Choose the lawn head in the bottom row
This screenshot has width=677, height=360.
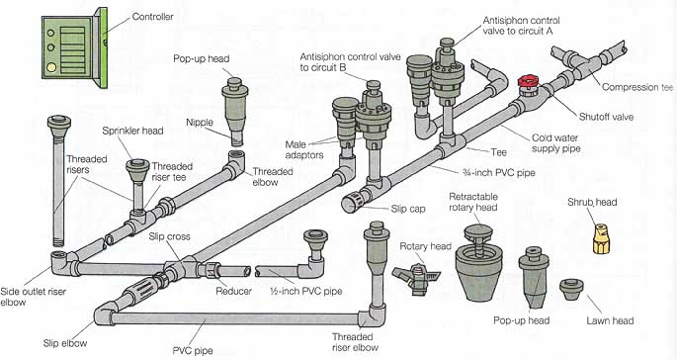coord(571,290)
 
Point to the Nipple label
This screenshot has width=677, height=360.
coord(200,122)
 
